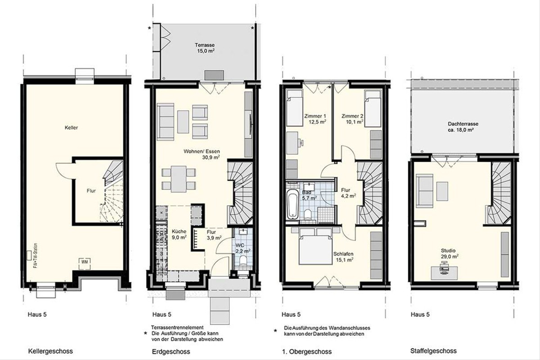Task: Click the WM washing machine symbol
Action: pyautogui.click(x=85, y=263)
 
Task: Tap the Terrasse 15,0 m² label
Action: pyautogui.click(x=205, y=48)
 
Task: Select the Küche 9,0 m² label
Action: pyautogui.click(x=179, y=234)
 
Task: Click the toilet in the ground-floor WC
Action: pyautogui.click(x=243, y=261)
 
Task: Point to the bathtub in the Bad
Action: pyautogui.click(x=292, y=204)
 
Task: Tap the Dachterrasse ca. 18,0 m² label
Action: pyautogui.click(x=463, y=127)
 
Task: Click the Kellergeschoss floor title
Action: pyautogui.click(x=50, y=351)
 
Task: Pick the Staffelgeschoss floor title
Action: pyautogui.click(x=433, y=351)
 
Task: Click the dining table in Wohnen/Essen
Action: pyautogui.click(x=178, y=179)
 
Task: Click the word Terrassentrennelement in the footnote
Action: pyautogui.click(x=177, y=328)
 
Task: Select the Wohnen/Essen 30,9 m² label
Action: pyautogui.click(x=202, y=154)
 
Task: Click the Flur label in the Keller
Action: pyautogui.click(x=91, y=191)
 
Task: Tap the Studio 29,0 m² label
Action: pyautogui.click(x=450, y=253)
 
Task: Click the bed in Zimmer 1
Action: pyautogui.click(x=295, y=108)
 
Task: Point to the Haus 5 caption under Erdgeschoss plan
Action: pyautogui.click(x=162, y=315)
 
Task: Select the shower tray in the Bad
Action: pyautogui.click(x=326, y=214)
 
